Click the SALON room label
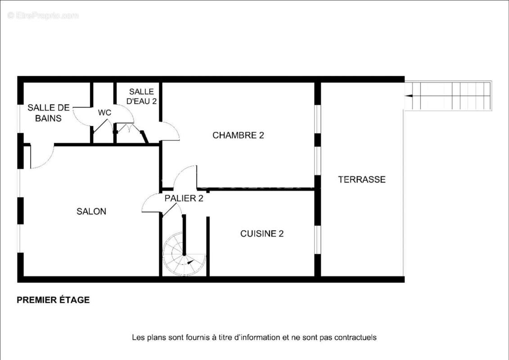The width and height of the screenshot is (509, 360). pyautogui.click(x=91, y=211)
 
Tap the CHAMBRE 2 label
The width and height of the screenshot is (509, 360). pyautogui.click(x=238, y=135)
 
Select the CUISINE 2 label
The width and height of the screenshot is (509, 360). pyautogui.click(x=261, y=234)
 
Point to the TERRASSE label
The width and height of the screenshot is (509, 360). pyautogui.click(x=362, y=179)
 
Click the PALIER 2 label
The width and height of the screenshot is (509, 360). pyautogui.click(x=184, y=198)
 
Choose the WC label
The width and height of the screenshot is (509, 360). pyautogui.click(x=104, y=112)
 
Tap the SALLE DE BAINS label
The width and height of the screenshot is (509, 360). pyautogui.click(x=49, y=113)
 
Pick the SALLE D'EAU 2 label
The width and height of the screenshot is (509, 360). pyautogui.click(x=141, y=96)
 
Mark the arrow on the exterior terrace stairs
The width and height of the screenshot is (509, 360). pyautogui.click(x=409, y=95)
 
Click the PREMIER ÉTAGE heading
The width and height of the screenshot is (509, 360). pyautogui.click(x=53, y=300)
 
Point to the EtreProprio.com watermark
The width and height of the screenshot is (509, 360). pyautogui.click(x=43, y=15)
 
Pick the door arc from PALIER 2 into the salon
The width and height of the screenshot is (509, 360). pyautogui.click(x=150, y=203)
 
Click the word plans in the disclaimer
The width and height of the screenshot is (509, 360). pyautogui.click(x=153, y=337)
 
